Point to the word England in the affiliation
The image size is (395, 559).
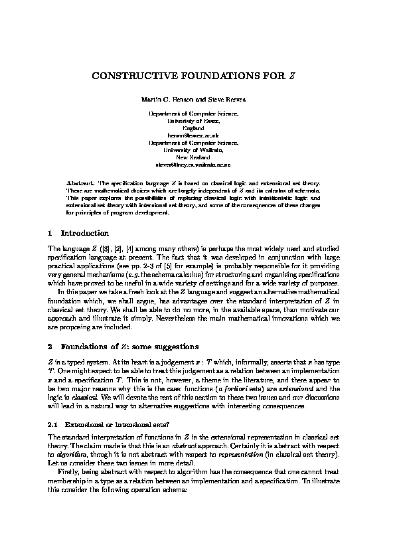click(x=197, y=128)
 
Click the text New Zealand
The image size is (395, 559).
click(x=197, y=158)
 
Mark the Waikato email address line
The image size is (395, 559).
click(x=197, y=164)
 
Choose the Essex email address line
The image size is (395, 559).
click(x=197, y=134)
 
